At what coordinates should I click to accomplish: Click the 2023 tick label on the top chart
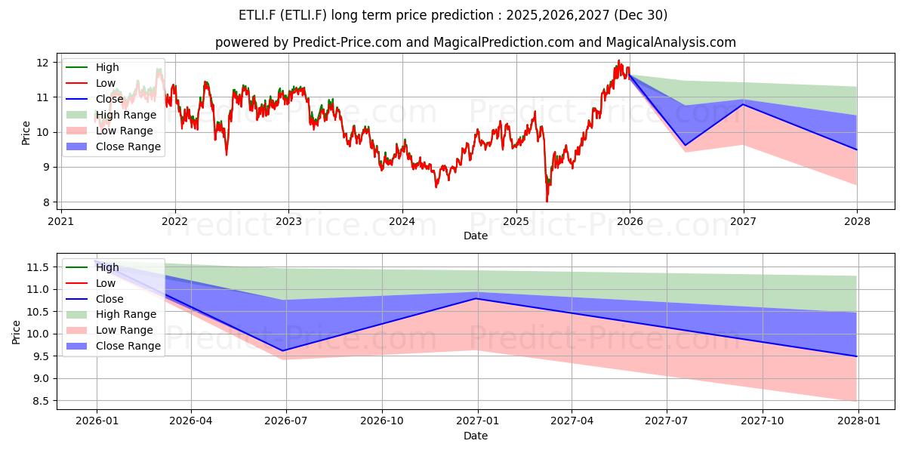pos(288,222)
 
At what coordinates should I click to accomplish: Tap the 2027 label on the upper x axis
pos(744,222)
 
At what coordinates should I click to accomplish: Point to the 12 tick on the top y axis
pos(42,63)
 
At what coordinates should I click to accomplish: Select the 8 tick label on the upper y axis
pos(45,202)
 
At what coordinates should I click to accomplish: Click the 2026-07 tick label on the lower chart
pos(286,421)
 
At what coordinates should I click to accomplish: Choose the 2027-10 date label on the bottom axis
pos(763,421)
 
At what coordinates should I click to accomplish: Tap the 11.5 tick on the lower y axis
pos(38,267)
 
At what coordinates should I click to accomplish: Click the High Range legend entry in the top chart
pos(111,115)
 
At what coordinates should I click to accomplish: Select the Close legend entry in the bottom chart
pos(94,299)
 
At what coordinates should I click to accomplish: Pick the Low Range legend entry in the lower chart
pos(109,330)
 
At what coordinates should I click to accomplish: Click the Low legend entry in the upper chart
pos(91,83)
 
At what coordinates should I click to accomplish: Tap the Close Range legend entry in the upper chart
pos(113,146)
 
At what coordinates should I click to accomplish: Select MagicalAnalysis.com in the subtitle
pos(670,42)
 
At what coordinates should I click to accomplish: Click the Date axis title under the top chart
pos(476,236)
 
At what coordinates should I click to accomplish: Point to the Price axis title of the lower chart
pos(16,332)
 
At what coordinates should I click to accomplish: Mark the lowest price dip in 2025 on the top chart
pos(547,202)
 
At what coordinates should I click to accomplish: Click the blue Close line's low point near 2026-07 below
pos(282,350)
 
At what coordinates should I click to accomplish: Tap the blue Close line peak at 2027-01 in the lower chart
pos(478,298)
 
